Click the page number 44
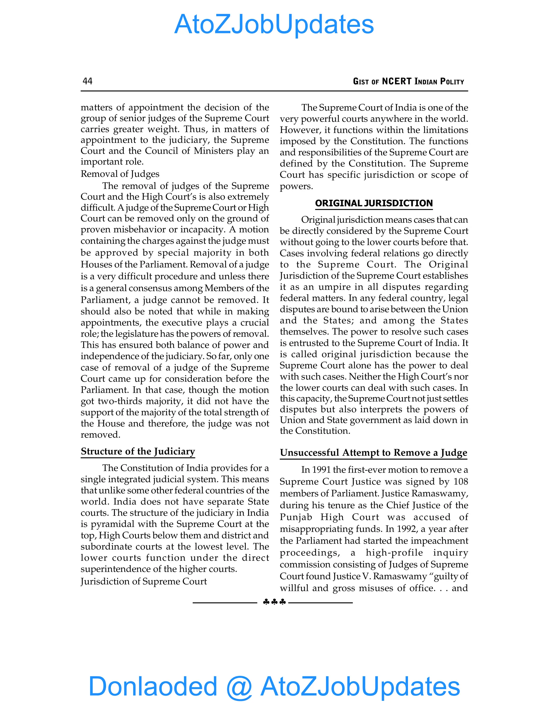click(87, 81)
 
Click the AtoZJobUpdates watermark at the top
click(274, 24)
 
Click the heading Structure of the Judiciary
click(138, 451)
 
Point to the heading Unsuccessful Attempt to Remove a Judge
click(373, 453)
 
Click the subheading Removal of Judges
click(120, 174)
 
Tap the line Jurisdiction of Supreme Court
click(144, 581)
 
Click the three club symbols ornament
click(274, 602)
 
